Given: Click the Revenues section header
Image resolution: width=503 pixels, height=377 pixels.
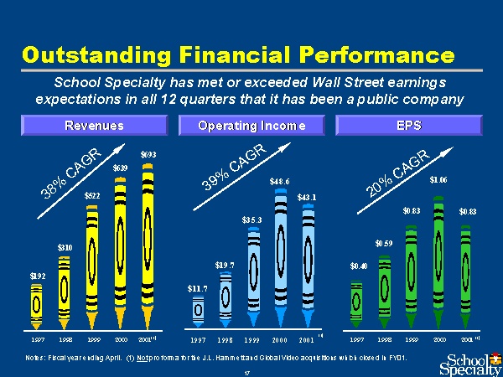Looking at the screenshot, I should point(94,126).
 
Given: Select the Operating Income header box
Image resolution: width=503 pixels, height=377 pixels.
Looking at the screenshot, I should point(251,126).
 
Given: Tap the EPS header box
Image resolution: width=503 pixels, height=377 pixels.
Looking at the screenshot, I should point(407,126).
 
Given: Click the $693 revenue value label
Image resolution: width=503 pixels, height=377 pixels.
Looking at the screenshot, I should point(148,154).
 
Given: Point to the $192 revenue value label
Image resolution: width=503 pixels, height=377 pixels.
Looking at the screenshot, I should point(38,276).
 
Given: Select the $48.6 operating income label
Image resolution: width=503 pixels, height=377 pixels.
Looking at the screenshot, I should point(280,181).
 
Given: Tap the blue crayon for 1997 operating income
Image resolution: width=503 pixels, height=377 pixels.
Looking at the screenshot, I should point(198,310).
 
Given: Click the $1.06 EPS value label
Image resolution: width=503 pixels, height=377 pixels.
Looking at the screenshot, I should point(438,179).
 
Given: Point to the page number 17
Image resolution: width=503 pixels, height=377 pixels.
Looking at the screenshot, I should point(248,371).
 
